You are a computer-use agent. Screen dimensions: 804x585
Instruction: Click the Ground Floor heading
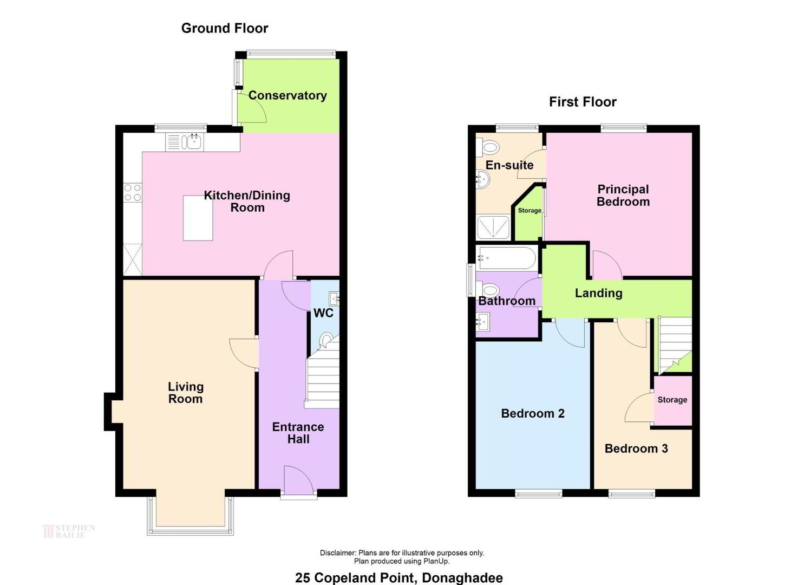pyautogui.click(x=225, y=28)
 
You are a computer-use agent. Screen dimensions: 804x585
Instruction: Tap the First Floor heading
pyautogui.click(x=583, y=102)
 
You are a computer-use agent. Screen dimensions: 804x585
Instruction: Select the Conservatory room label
pyautogui.click(x=287, y=95)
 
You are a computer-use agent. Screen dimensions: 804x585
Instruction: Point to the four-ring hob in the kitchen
pyautogui.click(x=133, y=192)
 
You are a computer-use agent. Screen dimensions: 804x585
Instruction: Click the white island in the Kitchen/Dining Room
pyautogui.click(x=198, y=218)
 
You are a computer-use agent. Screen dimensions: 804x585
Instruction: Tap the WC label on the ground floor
pyautogui.click(x=323, y=313)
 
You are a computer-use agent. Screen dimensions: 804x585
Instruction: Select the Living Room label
pyautogui.click(x=186, y=393)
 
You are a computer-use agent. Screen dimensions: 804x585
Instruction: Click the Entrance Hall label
pyautogui.click(x=298, y=433)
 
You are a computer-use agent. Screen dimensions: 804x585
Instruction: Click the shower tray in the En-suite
pyautogui.click(x=493, y=227)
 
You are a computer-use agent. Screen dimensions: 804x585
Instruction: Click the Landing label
pyautogui.click(x=599, y=293)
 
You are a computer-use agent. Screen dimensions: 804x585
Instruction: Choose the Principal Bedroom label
pyautogui.click(x=623, y=196)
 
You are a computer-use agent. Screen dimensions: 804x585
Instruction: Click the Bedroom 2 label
pyautogui.click(x=533, y=413)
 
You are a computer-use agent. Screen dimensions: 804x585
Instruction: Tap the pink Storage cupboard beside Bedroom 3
pyautogui.click(x=672, y=401)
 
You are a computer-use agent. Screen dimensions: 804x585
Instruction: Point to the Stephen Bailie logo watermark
pyautogui.click(x=69, y=531)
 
